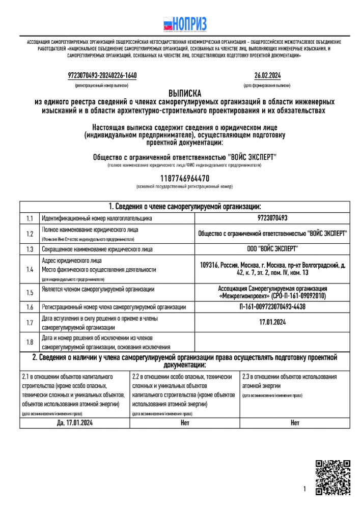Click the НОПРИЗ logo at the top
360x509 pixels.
point(185,24)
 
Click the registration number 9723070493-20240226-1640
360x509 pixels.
point(102,76)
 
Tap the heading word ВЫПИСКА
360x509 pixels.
point(185,93)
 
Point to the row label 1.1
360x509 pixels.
point(30,218)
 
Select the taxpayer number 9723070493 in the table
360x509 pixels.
point(272,218)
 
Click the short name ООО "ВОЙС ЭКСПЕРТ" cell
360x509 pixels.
point(272,249)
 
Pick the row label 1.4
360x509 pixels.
point(30,269)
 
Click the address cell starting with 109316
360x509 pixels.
point(272,269)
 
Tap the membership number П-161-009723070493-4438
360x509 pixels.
point(272,307)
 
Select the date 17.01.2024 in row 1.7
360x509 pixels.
point(272,322)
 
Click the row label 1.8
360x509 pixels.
point(30,342)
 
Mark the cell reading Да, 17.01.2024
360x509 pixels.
point(74,422)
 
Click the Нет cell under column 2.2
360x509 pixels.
point(185,422)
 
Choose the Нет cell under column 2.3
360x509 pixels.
point(295,422)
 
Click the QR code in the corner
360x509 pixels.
point(333,477)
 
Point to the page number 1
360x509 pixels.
point(304,489)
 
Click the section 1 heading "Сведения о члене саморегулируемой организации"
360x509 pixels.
point(185,207)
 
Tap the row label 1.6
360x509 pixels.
point(30,307)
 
